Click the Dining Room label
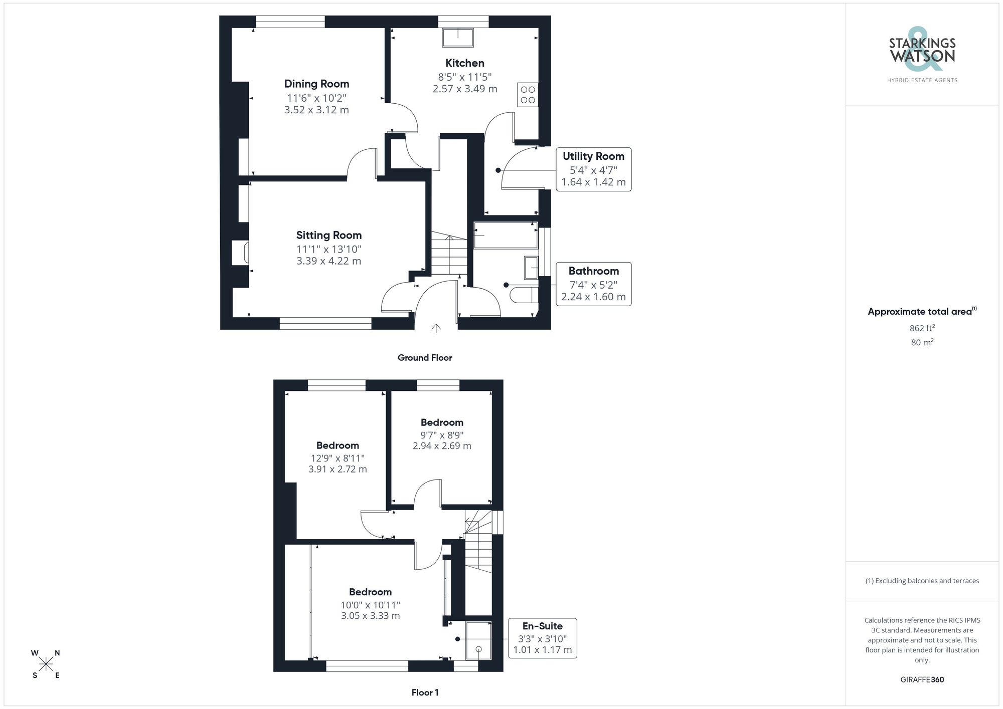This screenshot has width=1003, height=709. (x=316, y=84)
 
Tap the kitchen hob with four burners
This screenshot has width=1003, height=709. (x=528, y=95)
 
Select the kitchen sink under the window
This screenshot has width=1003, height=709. (x=458, y=38)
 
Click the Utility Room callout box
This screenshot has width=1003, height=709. (x=593, y=169)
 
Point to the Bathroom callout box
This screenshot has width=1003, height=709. (x=593, y=284)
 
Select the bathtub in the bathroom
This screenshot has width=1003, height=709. (x=506, y=235)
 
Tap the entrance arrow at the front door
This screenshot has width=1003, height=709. (x=436, y=328)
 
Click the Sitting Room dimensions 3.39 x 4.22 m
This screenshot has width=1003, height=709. (x=328, y=261)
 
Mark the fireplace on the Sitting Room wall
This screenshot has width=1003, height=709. (x=239, y=253)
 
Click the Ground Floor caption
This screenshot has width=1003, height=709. (x=425, y=358)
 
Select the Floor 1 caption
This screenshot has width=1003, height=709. (x=425, y=692)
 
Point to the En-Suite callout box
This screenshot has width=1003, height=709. (x=543, y=638)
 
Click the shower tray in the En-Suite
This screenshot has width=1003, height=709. (x=478, y=640)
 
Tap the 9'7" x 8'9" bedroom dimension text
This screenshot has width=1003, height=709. (x=442, y=435)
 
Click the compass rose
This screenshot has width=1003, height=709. (x=46, y=664)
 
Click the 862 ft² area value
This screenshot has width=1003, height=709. (x=922, y=329)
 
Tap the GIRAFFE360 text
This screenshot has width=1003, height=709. (x=922, y=680)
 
